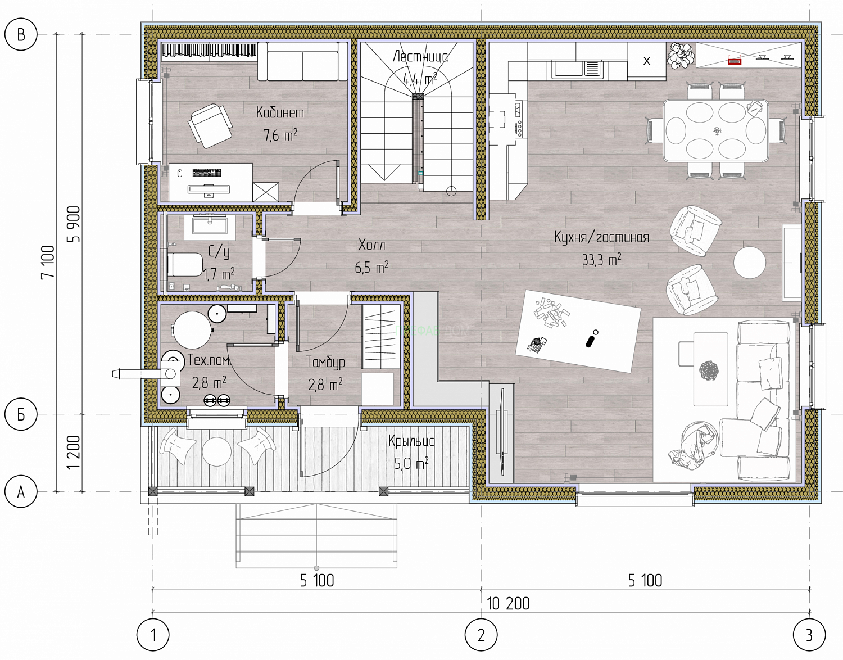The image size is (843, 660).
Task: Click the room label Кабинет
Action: point(280,112)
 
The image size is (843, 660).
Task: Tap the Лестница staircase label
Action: point(420,57)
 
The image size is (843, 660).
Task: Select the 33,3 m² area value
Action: point(601,260)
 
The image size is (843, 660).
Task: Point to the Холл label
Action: point(371,245)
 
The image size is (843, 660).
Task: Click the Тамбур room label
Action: point(325,362)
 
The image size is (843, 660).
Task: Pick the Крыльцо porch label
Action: point(411,441)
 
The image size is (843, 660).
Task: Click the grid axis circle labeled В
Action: point(21,34)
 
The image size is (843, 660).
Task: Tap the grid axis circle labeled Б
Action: point(21,414)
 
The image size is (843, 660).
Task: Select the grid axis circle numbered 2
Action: point(481,635)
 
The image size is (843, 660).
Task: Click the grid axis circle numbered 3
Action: point(809,635)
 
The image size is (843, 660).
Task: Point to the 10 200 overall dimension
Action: point(508,604)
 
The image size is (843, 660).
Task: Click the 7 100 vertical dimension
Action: point(48,263)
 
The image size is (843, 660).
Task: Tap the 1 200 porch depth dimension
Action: point(73,453)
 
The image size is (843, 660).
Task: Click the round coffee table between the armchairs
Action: point(750,263)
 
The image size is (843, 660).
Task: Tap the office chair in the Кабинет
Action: point(210,125)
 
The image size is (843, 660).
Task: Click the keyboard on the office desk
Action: point(206,172)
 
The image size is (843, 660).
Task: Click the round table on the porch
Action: point(216,451)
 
